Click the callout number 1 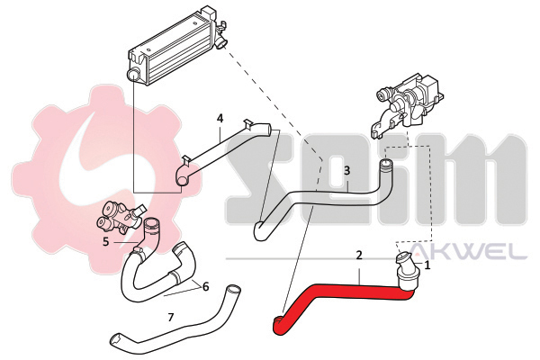(427, 265)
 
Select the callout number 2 (358, 256)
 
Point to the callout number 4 (220, 118)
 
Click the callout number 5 (105, 241)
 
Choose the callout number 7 (170, 317)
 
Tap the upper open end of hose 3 (386, 165)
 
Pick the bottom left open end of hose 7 (114, 340)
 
